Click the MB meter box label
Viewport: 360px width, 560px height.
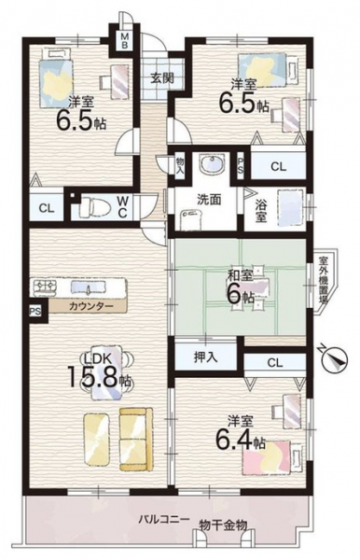(x=125, y=40)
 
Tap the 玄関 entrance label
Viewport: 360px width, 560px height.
(x=161, y=77)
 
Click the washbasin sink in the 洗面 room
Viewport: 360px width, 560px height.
(x=212, y=164)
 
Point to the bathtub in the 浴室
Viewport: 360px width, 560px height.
(x=290, y=207)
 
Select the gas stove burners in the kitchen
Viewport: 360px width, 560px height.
(x=45, y=287)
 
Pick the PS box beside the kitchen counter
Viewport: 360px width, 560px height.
(x=35, y=312)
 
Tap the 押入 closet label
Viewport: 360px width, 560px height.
(x=205, y=357)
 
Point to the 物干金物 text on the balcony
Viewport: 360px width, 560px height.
(x=223, y=525)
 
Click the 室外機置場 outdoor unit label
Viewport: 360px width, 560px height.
(x=323, y=279)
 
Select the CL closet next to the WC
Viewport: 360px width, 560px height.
(x=46, y=208)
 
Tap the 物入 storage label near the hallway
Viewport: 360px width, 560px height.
(x=179, y=164)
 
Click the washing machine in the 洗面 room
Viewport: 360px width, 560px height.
(x=191, y=219)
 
